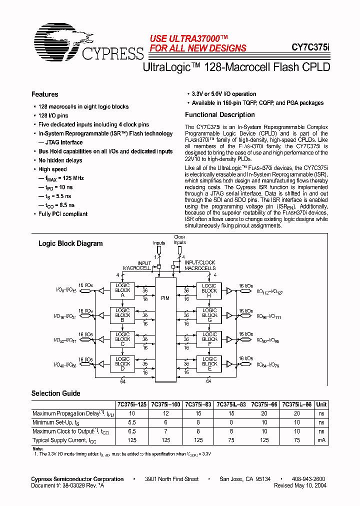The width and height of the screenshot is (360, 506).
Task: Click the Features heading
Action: [45, 94]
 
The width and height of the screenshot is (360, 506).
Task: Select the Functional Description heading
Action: [220, 114]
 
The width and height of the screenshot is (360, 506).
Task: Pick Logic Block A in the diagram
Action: [122, 290]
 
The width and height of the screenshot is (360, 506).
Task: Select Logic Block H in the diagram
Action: [209, 290]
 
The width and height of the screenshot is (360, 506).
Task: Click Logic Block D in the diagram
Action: [122, 364]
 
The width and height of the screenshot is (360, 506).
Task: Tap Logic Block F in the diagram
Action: [209, 339]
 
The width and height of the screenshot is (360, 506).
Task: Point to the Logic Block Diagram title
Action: [70, 243]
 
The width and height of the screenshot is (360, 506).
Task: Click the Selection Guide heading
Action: [55, 393]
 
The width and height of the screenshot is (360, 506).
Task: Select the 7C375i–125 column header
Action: [131, 404]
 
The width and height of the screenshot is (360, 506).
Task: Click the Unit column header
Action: [321, 404]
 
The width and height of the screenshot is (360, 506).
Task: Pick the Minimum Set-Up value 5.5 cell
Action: [131, 422]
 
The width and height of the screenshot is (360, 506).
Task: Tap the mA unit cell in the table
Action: [321, 440]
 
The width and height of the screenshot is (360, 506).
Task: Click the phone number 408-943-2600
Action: [307, 479]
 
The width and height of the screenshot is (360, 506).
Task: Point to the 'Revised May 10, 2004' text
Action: [300, 485]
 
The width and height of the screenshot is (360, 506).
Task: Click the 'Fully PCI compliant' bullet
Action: [63, 214]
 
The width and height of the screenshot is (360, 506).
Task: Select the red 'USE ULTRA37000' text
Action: [189, 38]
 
